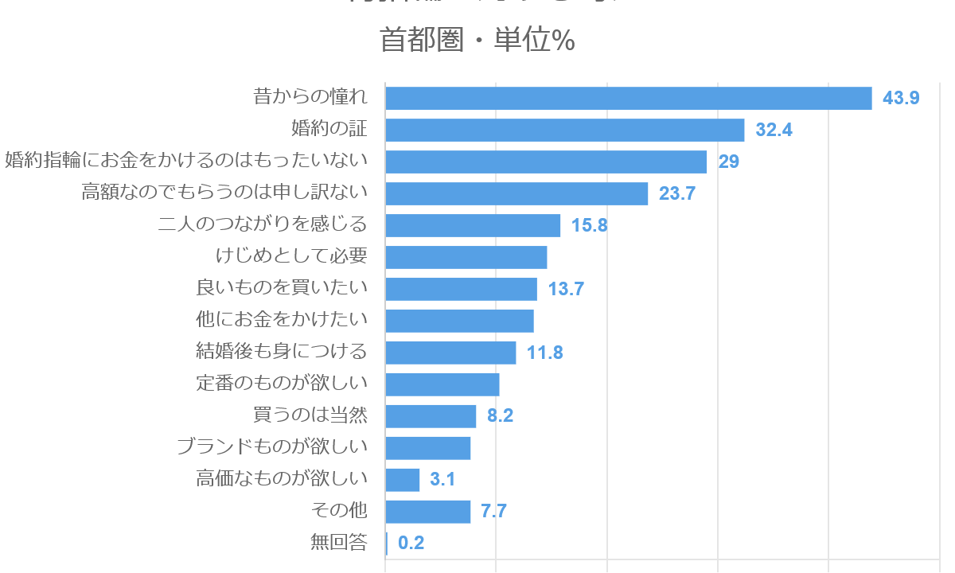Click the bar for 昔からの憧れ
click(x=629, y=98)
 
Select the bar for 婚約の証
click(x=565, y=130)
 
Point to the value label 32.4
click(x=774, y=130)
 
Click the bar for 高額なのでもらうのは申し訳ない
click(x=516, y=193)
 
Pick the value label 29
click(x=729, y=162)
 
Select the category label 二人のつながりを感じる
click(x=263, y=225)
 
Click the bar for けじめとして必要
click(x=466, y=257)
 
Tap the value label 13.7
click(x=566, y=289)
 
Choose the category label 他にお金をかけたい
click(x=282, y=321)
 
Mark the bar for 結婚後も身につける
click(x=450, y=353)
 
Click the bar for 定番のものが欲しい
click(x=442, y=384)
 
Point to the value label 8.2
click(x=500, y=416)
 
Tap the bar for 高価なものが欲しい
click(x=403, y=480)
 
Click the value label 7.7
click(x=493, y=512)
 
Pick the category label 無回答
click(x=339, y=544)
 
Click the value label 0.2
click(x=411, y=544)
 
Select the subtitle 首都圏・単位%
click(x=477, y=40)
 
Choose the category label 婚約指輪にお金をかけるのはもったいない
click(x=186, y=162)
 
